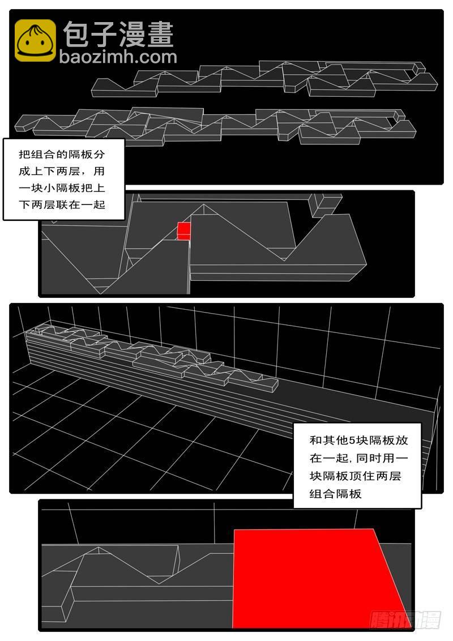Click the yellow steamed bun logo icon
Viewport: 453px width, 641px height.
[x=35, y=40]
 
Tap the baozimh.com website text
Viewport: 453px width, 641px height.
[x=118, y=57]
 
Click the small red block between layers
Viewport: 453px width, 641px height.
[x=184, y=231]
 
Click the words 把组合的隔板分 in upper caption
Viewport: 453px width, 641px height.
[x=62, y=155]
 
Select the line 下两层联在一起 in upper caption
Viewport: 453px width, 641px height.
[x=62, y=204]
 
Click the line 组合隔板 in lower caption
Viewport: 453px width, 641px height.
[x=336, y=494]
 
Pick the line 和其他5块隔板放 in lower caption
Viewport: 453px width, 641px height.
[x=359, y=441]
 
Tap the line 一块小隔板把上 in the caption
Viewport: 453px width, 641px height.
[x=62, y=187]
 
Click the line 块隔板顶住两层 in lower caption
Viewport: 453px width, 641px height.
[x=355, y=476]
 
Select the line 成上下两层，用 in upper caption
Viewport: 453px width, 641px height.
[x=62, y=171]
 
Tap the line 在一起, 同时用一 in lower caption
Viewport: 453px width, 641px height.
[x=359, y=458]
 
